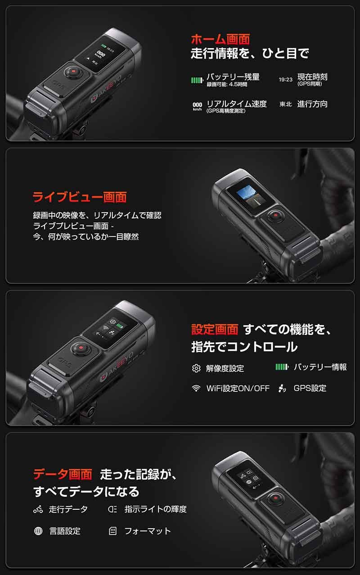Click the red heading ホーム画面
pyautogui.click(x=220, y=39)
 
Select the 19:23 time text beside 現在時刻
pyautogui.click(x=286, y=80)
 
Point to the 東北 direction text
pyautogui.click(x=286, y=104)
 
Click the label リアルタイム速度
pyautogui.click(x=236, y=104)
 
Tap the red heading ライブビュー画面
pyautogui.click(x=80, y=197)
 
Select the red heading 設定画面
pyautogui.click(x=215, y=329)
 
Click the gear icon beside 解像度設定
pyautogui.click(x=196, y=368)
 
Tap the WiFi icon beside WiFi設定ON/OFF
pyautogui.click(x=196, y=388)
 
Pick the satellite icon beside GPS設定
pyautogui.click(x=282, y=388)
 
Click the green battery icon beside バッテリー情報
pyautogui.click(x=282, y=367)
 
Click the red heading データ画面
pyautogui.click(x=63, y=474)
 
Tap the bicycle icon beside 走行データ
pyautogui.click(x=38, y=509)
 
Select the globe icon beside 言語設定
pyautogui.click(x=38, y=531)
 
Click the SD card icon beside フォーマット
pyautogui.click(x=113, y=531)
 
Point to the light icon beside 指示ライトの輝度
pyautogui.click(x=113, y=509)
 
